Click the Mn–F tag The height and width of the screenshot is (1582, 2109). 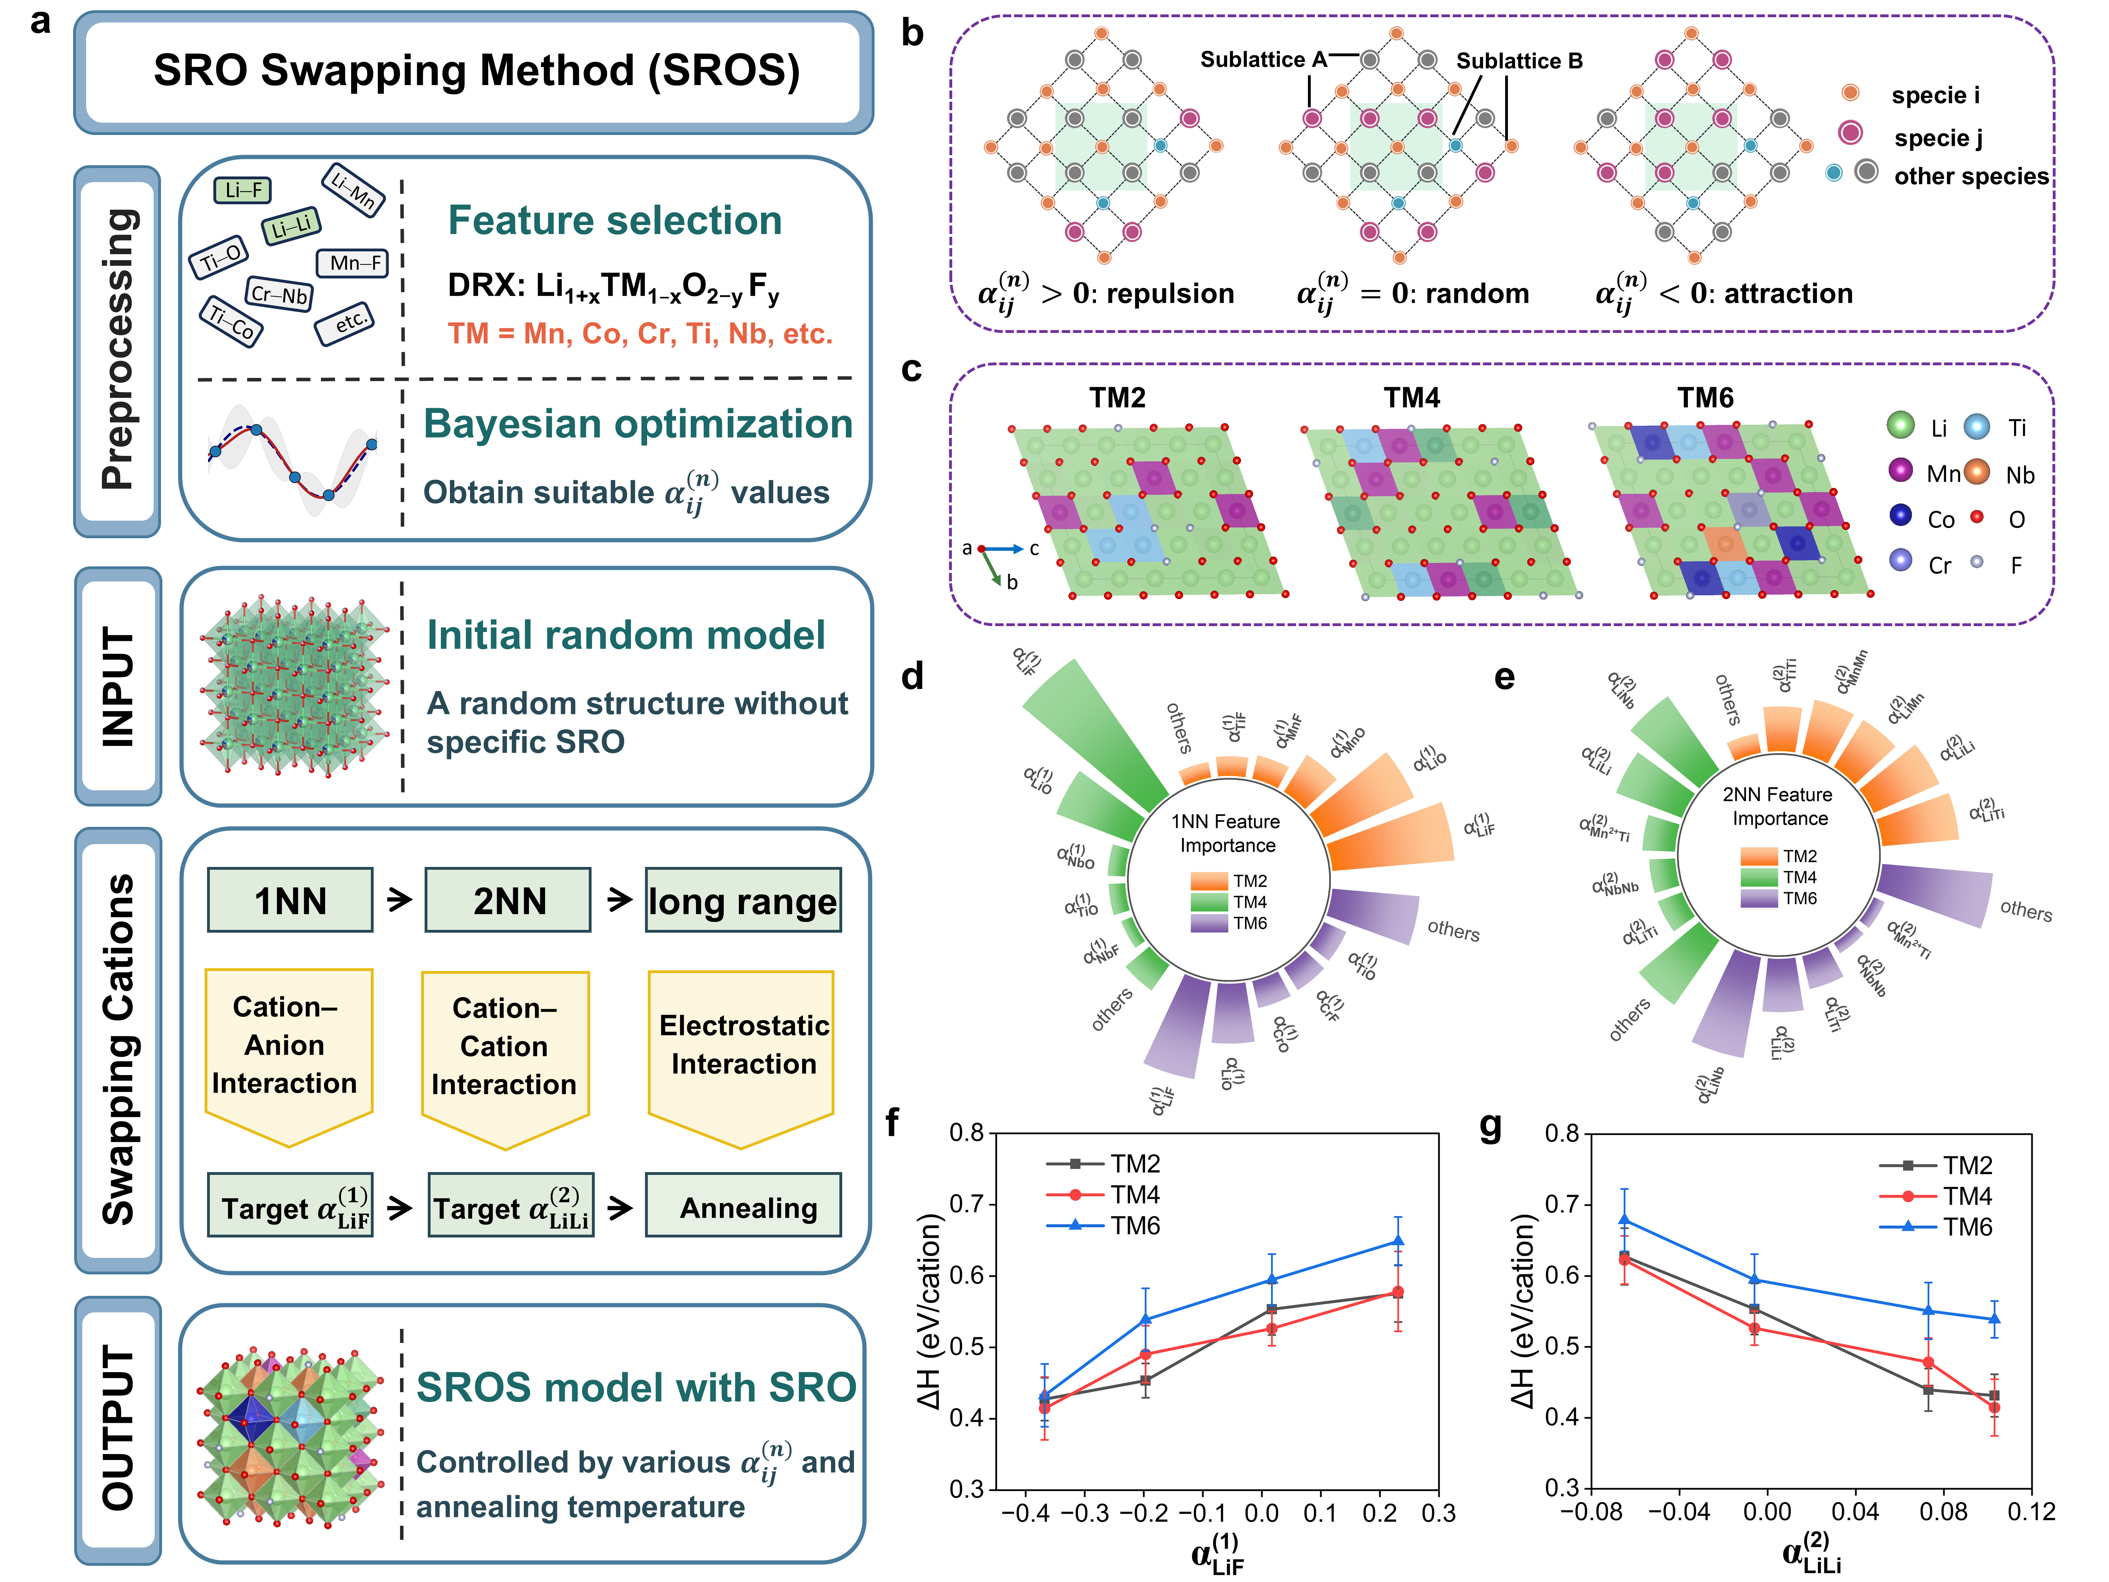pos(353,262)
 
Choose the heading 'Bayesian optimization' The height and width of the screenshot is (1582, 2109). pos(638,423)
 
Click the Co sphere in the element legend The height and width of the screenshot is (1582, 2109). pos(1900,516)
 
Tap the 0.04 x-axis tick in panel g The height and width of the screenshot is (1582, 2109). pos(1855,1511)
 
